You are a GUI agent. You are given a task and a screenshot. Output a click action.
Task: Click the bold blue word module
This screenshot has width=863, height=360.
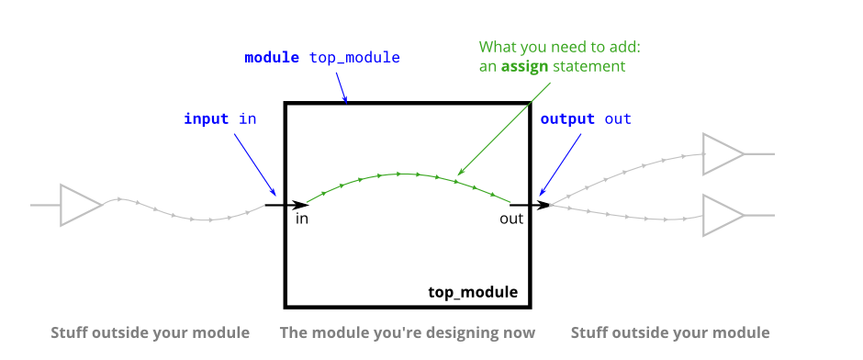coord(272,58)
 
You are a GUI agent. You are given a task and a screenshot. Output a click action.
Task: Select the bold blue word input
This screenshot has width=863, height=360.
coord(206,118)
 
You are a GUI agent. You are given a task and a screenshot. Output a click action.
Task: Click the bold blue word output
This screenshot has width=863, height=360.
coord(567,118)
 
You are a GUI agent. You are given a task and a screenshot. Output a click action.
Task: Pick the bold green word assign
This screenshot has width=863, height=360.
coord(524,67)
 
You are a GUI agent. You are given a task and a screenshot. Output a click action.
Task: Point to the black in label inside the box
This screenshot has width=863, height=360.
coord(302,219)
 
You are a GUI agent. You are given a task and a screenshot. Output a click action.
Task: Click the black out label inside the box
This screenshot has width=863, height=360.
coord(511,219)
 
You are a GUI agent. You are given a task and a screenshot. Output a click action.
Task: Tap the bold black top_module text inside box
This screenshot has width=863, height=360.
coord(474,292)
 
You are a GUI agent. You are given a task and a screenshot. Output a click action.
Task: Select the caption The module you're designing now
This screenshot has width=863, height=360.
coord(408,332)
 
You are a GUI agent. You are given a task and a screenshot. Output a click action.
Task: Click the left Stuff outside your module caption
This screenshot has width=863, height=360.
coord(151,332)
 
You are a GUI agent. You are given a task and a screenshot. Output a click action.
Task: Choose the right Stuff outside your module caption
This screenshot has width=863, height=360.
coord(670,332)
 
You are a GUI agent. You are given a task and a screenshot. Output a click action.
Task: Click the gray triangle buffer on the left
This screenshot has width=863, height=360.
coord(81,205)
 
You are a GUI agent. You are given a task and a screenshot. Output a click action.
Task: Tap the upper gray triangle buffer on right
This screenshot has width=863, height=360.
coord(723,154)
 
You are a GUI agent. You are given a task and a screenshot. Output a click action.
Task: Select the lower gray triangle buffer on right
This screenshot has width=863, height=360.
coord(723,215)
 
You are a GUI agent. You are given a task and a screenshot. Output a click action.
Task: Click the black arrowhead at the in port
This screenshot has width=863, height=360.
coord(301,205)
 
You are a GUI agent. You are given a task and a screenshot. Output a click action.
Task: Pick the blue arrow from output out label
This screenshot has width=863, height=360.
coord(560,164)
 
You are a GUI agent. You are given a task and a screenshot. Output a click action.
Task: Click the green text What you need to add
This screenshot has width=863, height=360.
coord(560,47)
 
